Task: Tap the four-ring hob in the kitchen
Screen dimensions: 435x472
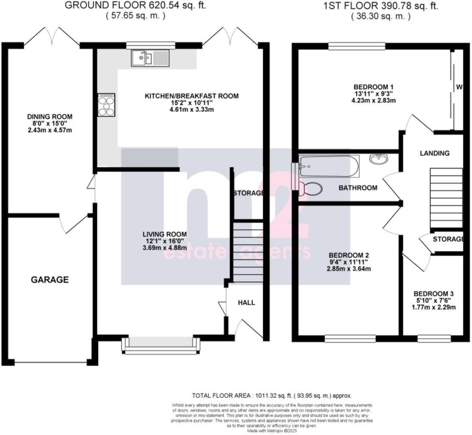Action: pyautogui.click(x=106, y=105)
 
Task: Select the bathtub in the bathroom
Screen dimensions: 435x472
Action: pyautogui.click(x=329, y=166)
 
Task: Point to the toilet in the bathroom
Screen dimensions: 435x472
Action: pyautogui.click(x=310, y=189)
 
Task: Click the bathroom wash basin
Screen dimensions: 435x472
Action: pyautogui.click(x=379, y=159)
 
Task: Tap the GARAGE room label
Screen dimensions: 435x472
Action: pyautogui.click(x=50, y=280)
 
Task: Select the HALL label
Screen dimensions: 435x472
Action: pyautogui.click(x=246, y=302)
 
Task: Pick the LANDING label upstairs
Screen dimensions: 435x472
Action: pyautogui.click(x=435, y=153)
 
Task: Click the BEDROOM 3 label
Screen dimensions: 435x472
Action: pyautogui.click(x=434, y=294)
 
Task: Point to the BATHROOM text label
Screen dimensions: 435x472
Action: pyautogui.click(x=358, y=188)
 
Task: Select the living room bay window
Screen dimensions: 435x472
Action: pyautogui.click(x=160, y=345)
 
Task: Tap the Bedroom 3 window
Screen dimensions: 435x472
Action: pyautogui.click(x=433, y=339)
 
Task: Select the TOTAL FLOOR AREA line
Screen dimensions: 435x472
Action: pyautogui.click(x=272, y=395)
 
